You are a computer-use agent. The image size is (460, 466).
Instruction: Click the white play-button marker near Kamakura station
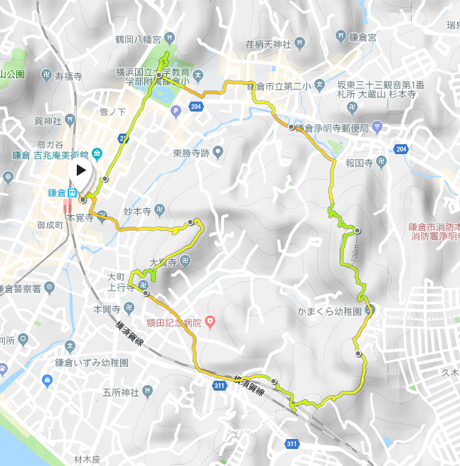[80, 170]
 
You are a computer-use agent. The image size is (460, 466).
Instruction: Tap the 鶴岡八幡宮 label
[138, 38]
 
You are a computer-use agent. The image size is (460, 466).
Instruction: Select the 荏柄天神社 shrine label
[269, 45]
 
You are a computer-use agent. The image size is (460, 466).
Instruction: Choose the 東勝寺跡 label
[192, 152]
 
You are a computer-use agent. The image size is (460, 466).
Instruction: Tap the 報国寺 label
[359, 162]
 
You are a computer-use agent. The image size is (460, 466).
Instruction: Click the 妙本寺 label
[139, 211]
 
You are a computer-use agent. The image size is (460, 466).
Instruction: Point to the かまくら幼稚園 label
[330, 310]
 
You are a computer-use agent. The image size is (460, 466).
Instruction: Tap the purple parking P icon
[176, 110]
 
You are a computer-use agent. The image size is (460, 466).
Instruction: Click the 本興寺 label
[107, 309]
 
